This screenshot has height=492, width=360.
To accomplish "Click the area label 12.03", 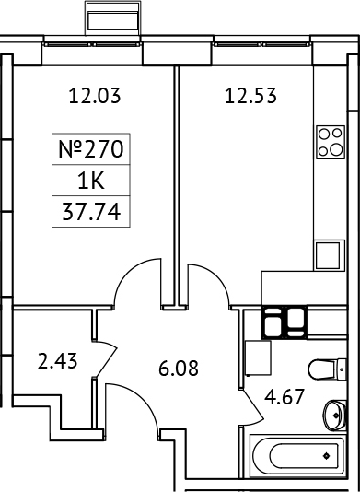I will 96,93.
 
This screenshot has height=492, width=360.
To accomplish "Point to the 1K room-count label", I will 90,181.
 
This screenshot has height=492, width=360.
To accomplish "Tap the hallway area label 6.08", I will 179,371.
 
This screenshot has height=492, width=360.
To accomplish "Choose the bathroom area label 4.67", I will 283,402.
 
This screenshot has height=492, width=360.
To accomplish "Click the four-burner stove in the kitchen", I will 329,142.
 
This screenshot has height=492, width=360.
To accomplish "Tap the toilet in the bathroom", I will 323,369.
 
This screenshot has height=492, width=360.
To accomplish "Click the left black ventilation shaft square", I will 273,322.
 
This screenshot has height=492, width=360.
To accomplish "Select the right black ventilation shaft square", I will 296,322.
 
